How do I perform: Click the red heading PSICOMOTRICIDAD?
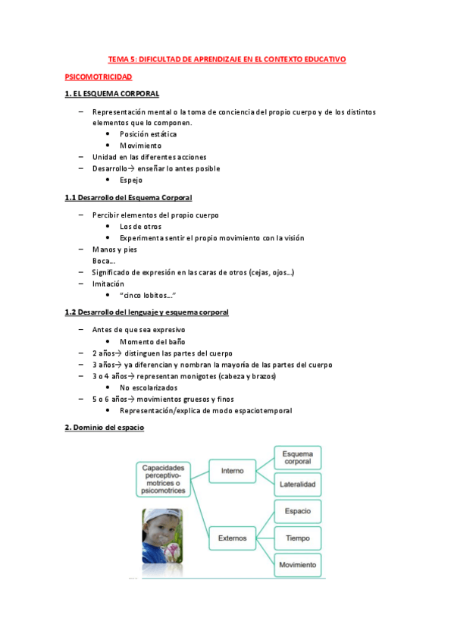99,77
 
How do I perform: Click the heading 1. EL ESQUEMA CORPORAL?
111,94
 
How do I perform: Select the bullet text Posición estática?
148,134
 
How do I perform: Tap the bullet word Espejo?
130,180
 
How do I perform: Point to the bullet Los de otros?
140,227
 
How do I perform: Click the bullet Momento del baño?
152,342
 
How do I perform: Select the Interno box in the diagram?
232,471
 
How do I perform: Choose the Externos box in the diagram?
233,538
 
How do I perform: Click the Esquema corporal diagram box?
297,456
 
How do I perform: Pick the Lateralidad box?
297,484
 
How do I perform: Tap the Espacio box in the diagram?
297,511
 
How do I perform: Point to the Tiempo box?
297,538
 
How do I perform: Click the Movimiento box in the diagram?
297,566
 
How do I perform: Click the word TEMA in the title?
118,59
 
